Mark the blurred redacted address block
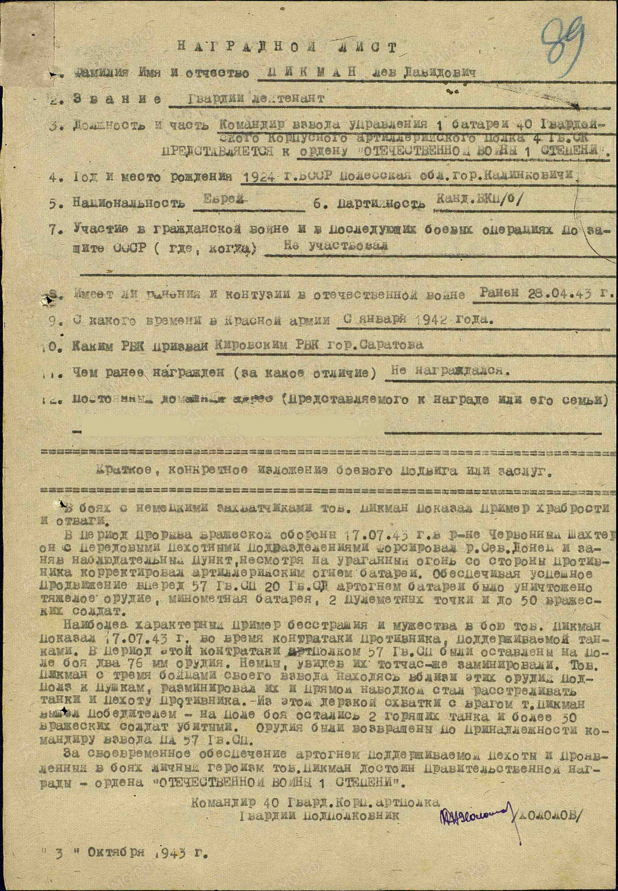tap(232, 425)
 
